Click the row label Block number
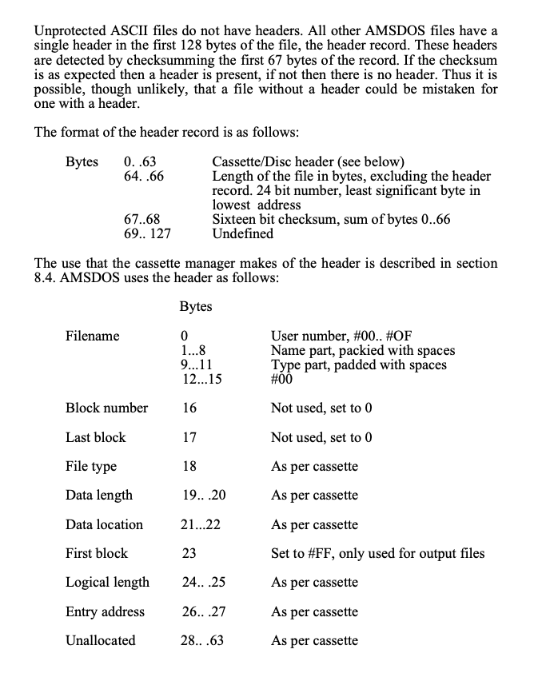click(106, 408)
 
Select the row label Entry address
click(105, 612)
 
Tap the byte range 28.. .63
click(203, 641)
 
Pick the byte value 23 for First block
click(189, 553)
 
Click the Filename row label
click(92, 337)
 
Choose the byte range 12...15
click(201, 380)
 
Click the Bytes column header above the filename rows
click(196, 306)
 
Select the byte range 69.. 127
click(148, 234)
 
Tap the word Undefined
click(242, 234)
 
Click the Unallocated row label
click(101, 641)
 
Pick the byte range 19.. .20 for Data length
click(204, 496)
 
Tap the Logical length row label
click(107, 583)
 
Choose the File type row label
click(90, 467)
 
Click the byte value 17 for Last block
click(189, 438)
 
